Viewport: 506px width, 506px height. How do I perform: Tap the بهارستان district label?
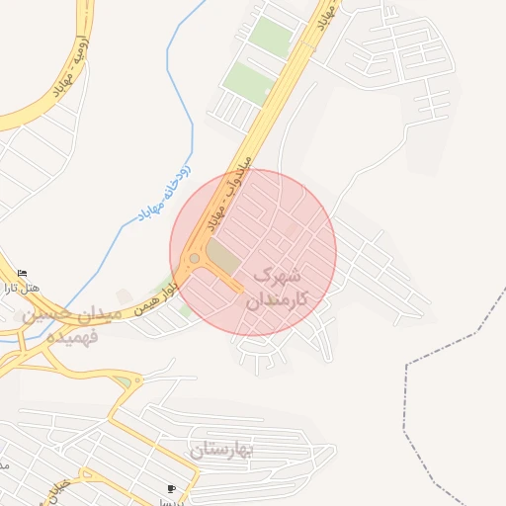tap(223, 451)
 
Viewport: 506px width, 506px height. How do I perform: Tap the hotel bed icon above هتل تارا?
tap(23, 274)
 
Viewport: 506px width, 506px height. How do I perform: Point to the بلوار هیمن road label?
tap(158, 287)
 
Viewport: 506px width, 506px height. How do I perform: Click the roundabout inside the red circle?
tap(195, 259)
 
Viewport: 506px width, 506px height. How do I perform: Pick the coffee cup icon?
tap(172, 488)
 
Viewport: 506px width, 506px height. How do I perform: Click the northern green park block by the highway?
tap(271, 37)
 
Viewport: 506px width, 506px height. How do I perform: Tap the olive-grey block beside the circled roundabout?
tap(222, 260)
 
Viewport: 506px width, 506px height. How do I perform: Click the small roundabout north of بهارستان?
tap(124, 380)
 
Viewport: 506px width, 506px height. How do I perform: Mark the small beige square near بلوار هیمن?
tap(124, 296)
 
